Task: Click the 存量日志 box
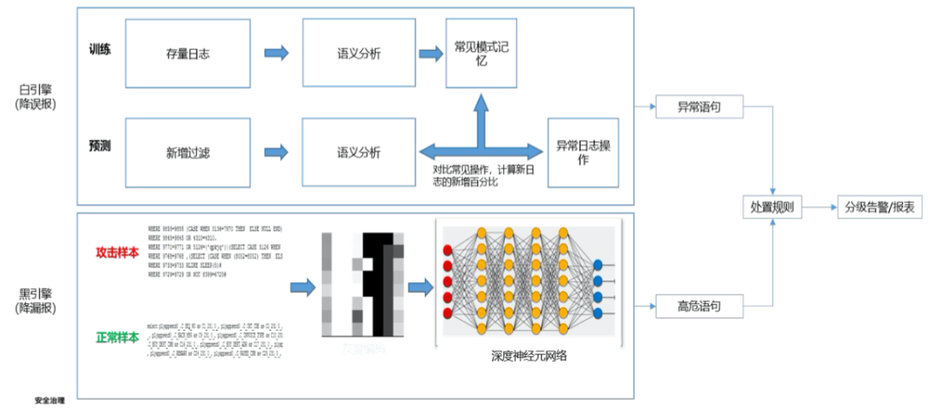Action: coord(188,54)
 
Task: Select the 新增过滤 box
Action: coord(188,152)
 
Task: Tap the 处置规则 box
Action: coord(772,208)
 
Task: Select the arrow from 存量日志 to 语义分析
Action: coord(275,54)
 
